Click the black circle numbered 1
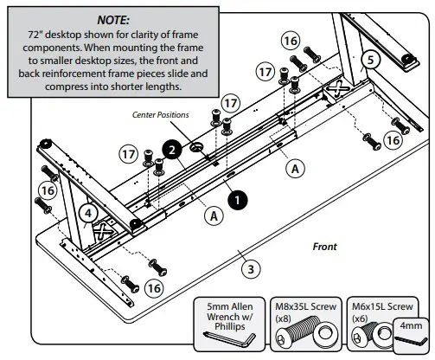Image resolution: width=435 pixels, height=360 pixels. coord(238,200)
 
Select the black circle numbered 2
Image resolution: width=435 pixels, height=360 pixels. coord(172,150)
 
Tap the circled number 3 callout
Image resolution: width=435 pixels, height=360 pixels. coord(251,269)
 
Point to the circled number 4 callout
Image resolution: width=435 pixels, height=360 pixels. coord(88,213)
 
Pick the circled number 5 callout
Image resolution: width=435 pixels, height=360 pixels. coord(370,60)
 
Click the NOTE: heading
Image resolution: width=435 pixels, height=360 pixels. coord(113,20)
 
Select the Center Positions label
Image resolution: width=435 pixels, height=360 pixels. coord(161,115)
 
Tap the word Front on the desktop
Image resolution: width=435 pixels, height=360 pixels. coord(325,247)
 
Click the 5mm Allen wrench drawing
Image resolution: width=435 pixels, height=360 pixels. coord(230,339)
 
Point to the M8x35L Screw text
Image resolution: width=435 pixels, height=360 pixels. coord(305,306)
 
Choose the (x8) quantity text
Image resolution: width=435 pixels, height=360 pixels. coord(283,318)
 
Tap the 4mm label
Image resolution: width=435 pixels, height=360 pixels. coord(411,325)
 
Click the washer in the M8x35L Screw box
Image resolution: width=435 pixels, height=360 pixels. coord(325,336)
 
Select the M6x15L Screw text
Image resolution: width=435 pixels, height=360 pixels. coord(382,306)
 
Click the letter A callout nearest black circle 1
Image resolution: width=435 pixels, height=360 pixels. coord(214,215)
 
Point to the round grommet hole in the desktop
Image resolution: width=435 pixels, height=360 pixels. coord(196,147)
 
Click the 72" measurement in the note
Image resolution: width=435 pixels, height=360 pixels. coord(35,35)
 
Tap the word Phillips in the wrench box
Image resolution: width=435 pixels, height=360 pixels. coord(230,326)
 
